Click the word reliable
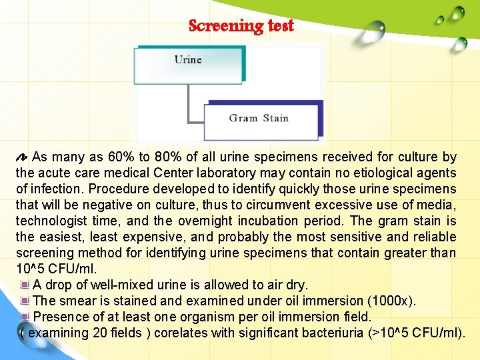click(x=433, y=237)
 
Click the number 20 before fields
click(x=99, y=333)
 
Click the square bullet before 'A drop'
click(x=25, y=285)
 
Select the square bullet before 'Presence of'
click(x=25, y=317)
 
